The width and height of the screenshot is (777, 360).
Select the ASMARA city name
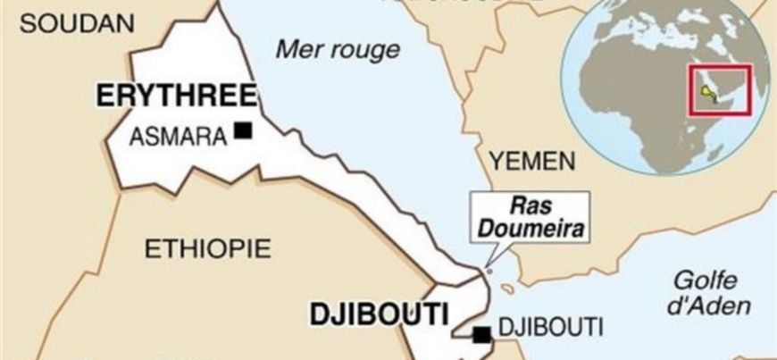point(177,137)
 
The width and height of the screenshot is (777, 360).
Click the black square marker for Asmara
point(241,131)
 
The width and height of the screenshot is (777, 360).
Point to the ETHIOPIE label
point(206,248)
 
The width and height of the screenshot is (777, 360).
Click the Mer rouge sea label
point(338,48)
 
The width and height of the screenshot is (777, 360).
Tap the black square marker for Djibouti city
point(482,336)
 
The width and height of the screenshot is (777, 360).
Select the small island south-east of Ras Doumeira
point(510,288)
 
